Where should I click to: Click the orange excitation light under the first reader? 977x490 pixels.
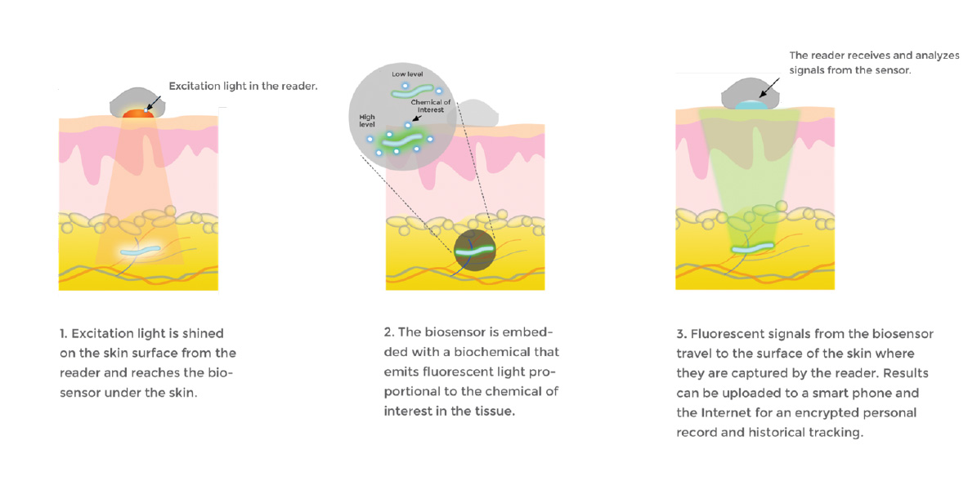tap(137, 114)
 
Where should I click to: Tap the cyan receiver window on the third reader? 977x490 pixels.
tap(751, 106)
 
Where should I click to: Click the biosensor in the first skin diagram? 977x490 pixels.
tap(140, 251)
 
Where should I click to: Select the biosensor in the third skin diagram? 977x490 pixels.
tap(752, 248)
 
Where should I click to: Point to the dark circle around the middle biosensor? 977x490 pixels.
tap(475, 250)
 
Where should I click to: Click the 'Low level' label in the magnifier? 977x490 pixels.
tap(407, 74)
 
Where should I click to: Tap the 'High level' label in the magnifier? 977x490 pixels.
tap(367, 121)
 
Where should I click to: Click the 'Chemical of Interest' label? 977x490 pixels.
tap(431, 106)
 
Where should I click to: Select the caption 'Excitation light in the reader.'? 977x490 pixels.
tap(243, 86)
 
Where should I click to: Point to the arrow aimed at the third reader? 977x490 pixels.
tap(769, 87)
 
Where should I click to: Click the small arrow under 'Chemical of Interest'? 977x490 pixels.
tap(418, 117)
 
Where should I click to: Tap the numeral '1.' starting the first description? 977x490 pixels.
tap(64, 334)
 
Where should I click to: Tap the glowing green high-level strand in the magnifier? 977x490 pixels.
tap(402, 141)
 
